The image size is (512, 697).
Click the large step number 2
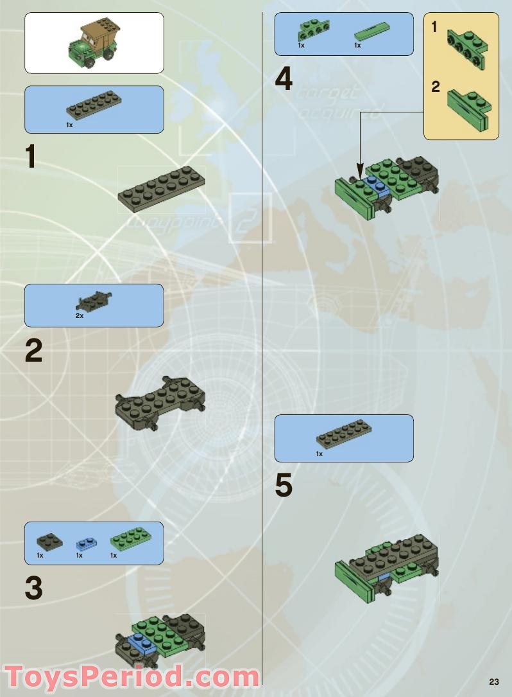pos(33,351)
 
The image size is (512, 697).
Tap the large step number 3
pos(33,588)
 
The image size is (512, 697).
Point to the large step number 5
pos(284,486)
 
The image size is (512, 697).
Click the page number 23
pos(493,682)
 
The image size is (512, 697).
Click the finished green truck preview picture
pos(94,42)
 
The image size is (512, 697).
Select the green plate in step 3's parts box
pos(128,540)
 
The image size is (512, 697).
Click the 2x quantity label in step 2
pos(80,316)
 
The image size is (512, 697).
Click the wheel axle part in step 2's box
pos(94,300)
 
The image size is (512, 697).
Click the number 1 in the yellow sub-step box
pos(435,27)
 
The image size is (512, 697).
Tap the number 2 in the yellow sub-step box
pos(436,87)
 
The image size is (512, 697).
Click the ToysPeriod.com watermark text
pos(132,676)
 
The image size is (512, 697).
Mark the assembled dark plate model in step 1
pos(162,188)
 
